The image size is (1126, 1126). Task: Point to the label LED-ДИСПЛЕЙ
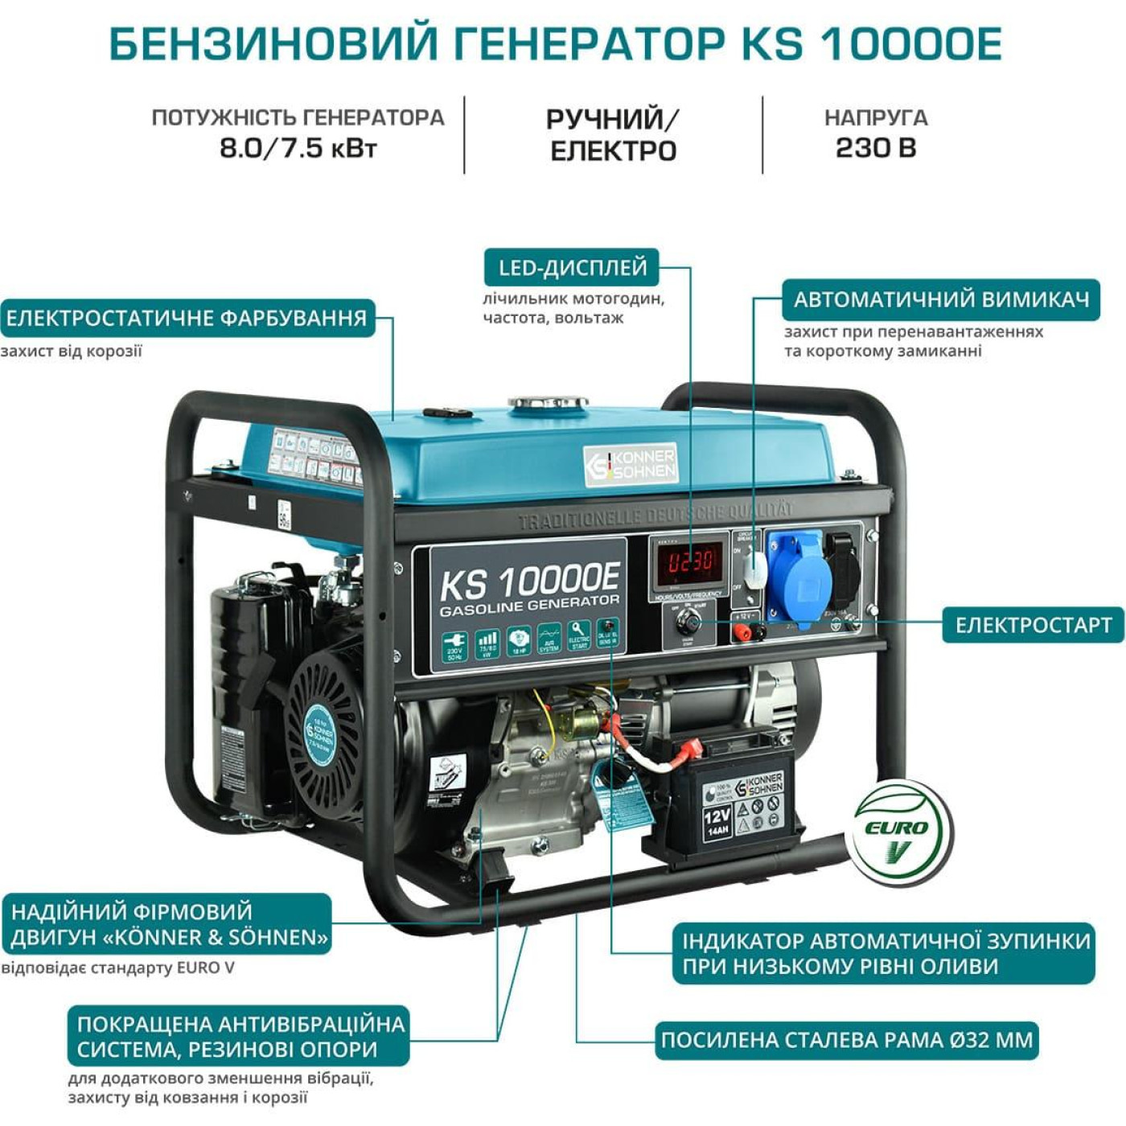click(x=572, y=268)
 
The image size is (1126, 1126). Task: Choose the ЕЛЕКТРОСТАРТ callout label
click(x=1033, y=625)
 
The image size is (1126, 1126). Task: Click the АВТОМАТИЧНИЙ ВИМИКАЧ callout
click(x=941, y=300)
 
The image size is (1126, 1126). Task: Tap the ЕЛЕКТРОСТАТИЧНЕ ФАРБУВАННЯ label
click(x=187, y=318)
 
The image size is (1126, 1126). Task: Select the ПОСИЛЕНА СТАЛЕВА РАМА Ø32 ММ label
click(x=846, y=1041)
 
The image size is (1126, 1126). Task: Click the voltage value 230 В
click(x=876, y=148)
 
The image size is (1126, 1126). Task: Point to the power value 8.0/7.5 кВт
click(x=298, y=148)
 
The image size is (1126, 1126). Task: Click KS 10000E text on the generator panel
click(x=530, y=581)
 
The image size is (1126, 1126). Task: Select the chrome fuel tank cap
click(x=547, y=401)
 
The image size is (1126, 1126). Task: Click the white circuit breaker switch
click(x=754, y=569)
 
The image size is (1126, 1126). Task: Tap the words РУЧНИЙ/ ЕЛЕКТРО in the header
click(x=613, y=135)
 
